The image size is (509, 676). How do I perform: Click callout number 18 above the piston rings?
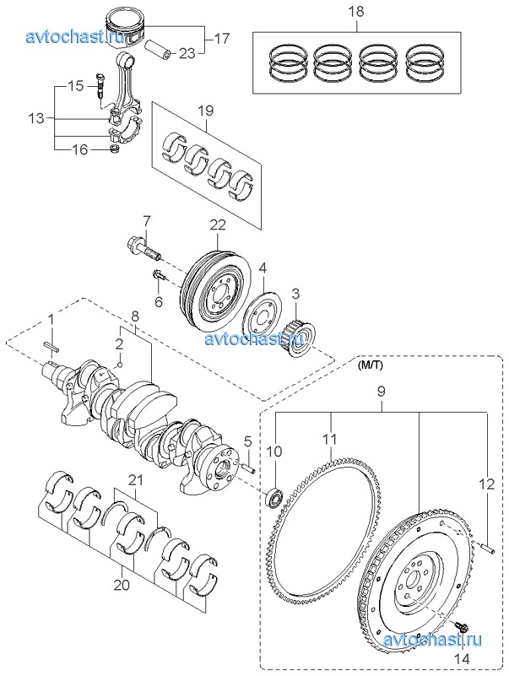356,11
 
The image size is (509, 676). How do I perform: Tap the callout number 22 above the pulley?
218,224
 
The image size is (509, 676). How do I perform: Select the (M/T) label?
369,365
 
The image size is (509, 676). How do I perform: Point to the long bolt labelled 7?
144,248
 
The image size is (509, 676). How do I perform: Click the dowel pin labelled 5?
249,468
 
